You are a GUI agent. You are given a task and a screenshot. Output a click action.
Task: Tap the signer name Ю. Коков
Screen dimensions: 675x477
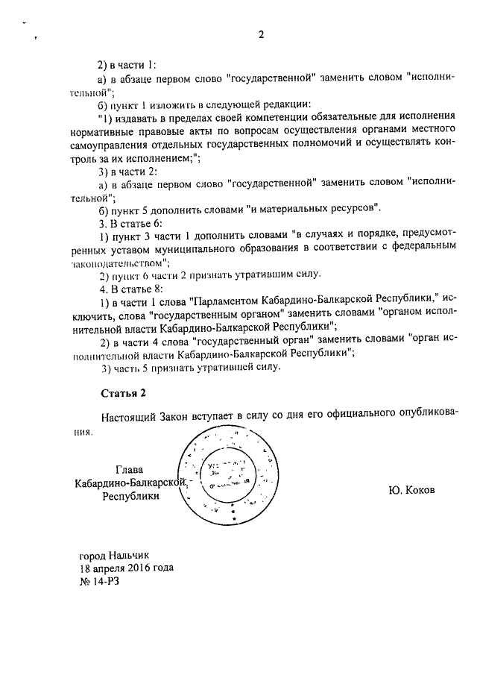coord(410,490)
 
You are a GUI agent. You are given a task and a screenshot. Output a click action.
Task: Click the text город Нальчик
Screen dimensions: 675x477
coord(114,555)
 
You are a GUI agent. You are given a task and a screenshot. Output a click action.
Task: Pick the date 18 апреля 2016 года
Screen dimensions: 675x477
coord(126,567)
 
